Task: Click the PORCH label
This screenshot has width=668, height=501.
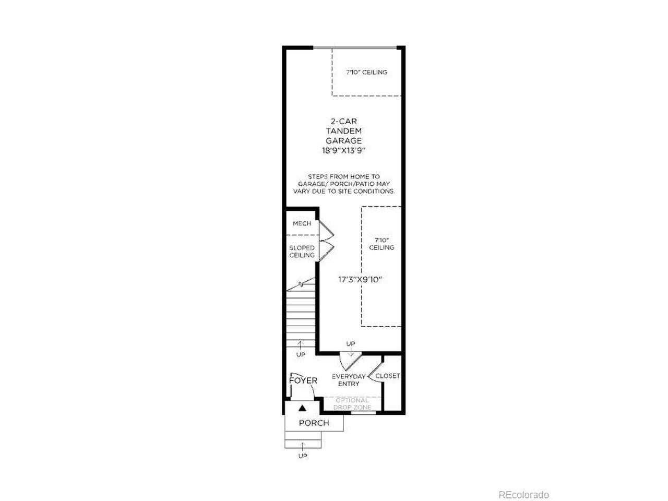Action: click(314, 423)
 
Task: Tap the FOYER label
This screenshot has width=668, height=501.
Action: click(303, 380)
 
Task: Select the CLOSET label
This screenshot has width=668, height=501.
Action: click(387, 376)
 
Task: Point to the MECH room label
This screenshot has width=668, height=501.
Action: click(302, 223)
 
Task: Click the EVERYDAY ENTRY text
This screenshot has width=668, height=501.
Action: click(349, 380)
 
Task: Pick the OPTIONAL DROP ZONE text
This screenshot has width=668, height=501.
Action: click(352, 403)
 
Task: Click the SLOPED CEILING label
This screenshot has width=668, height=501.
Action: click(302, 252)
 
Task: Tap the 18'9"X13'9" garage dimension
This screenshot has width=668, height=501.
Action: click(343, 151)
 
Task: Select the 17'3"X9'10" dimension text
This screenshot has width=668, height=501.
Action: click(360, 280)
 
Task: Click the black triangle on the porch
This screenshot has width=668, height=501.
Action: click(302, 408)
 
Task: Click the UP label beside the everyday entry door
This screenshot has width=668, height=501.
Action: click(351, 344)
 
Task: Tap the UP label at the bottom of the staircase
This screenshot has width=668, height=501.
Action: click(301, 355)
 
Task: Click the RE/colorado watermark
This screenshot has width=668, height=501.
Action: click(523, 486)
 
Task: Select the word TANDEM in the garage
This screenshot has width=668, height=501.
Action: click(344, 131)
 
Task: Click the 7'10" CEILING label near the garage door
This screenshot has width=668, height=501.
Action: click(366, 73)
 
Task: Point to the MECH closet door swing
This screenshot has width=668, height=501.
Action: click(327, 229)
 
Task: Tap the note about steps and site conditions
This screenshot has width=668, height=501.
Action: click(344, 184)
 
